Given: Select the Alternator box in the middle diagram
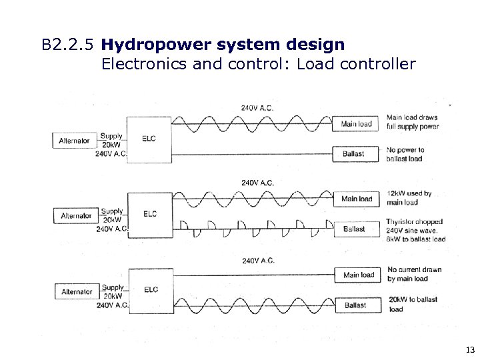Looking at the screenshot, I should tap(76, 215).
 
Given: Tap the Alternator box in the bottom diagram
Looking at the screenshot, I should tap(77, 291).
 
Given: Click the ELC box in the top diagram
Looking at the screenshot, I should tap(150, 139).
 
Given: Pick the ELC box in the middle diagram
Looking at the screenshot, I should tap(150, 214).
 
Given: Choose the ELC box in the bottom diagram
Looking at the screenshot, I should tap(150, 290).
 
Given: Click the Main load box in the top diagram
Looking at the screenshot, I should tap(357, 123).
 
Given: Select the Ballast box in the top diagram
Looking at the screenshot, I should tap(354, 154).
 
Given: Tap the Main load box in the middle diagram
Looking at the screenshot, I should tap(357, 199).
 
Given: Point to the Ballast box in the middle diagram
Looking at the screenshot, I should tap(354, 229).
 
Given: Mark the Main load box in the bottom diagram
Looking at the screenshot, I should tap(359, 275).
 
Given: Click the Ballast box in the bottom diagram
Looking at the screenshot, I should tap(355, 305).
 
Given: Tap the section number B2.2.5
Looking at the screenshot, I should tap(67, 46).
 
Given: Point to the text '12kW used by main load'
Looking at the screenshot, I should tap(409, 198).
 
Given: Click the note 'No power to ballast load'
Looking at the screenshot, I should tap(405, 154).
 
